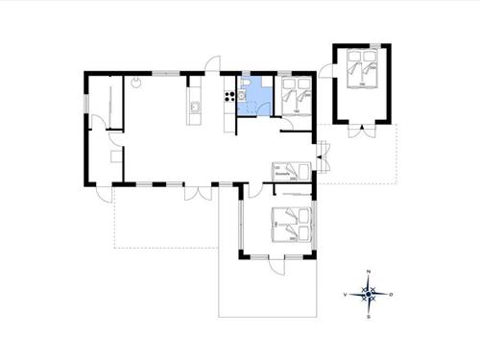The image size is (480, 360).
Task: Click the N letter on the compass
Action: (x=370, y=274)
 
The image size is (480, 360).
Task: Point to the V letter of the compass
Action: (x=346, y=294)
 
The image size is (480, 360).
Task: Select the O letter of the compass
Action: (x=392, y=294)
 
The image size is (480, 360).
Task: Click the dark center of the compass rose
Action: (x=370, y=294)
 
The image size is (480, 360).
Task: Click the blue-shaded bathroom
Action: (x=254, y=96)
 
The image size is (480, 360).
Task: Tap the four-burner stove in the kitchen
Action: (x=229, y=93)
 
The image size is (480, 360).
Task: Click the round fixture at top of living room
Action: (x=137, y=84)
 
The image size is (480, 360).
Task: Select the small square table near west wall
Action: (x=116, y=156)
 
